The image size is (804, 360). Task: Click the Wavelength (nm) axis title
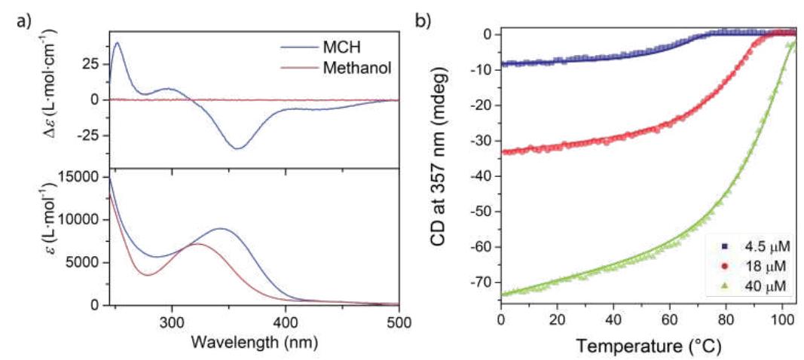255,340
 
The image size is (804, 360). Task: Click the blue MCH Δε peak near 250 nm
117,43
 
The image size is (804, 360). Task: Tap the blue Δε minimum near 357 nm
238,148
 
